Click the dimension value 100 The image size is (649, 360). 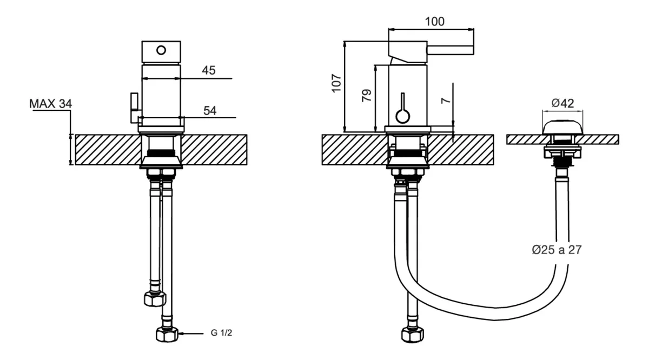point(434,22)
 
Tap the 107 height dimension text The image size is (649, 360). point(336,83)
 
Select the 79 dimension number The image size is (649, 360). point(367,95)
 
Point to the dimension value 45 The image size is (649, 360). point(209,70)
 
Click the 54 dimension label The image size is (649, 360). point(210,111)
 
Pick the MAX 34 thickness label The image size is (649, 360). point(50,104)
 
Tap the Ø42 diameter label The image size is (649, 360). point(562,103)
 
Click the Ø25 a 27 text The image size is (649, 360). point(557,250)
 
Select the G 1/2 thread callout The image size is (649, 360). point(221,333)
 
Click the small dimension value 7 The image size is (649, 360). point(446,100)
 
